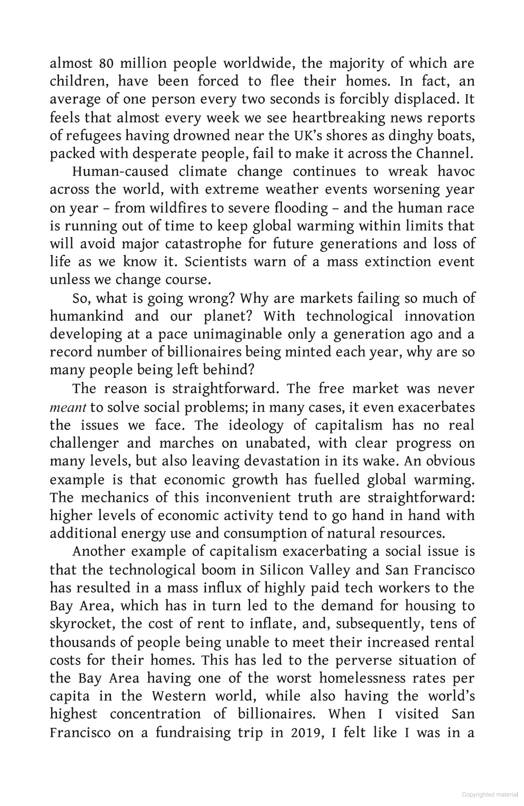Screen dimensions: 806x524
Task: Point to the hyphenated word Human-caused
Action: [x=120, y=172]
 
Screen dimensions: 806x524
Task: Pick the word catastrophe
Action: [x=203, y=244]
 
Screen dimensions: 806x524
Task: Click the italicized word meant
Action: [x=68, y=408]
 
